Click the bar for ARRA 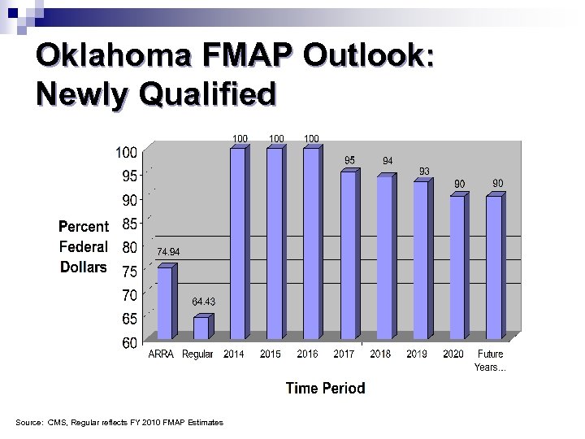click(x=165, y=302)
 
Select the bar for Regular click(x=201, y=328)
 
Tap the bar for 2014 click(x=237, y=244)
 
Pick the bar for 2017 click(x=348, y=255)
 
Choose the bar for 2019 click(x=421, y=260)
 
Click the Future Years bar click(x=494, y=267)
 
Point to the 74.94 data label click(x=167, y=252)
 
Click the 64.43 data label click(x=203, y=302)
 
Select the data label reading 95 click(x=349, y=160)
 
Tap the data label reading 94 click(x=388, y=162)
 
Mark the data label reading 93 click(x=424, y=171)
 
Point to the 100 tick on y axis click(x=125, y=152)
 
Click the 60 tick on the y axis click(x=129, y=343)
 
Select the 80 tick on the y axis click(x=129, y=247)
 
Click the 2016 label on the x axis click(x=307, y=354)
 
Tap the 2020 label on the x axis click(x=453, y=354)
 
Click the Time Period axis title click(x=325, y=388)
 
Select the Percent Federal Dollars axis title click(x=83, y=246)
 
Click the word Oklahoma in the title click(x=111, y=57)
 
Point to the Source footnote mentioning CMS click(x=119, y=422)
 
